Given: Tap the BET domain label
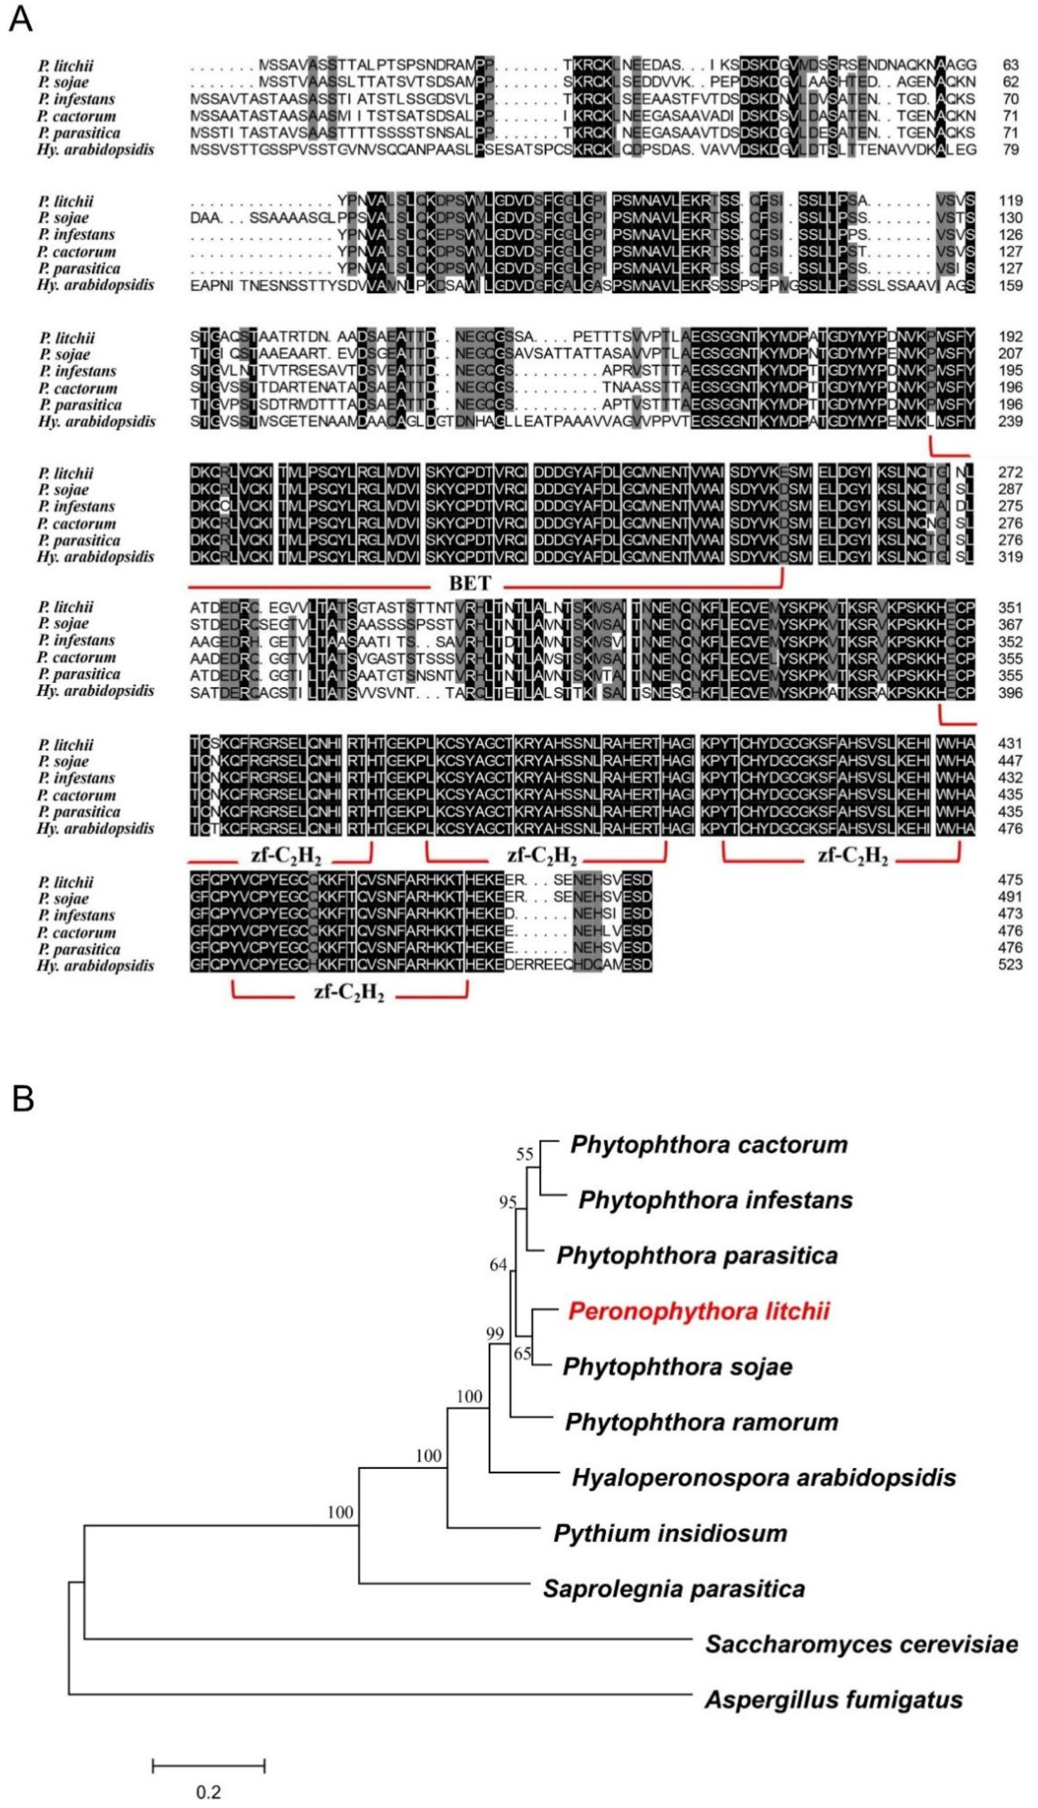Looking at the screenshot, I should [x=470, y=583].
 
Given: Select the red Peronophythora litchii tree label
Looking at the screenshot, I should [x=699, y=1311].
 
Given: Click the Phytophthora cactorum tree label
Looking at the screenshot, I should [x=709, y=1145].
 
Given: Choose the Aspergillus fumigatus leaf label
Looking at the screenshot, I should [x=834, y=1700].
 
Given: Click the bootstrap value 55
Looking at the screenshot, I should [x=525, y=1155].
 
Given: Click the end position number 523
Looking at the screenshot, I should [x=1011, y=965].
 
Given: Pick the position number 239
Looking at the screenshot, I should [x=1011, y=421].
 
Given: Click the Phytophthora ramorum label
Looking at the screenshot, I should [x=702, y=1422].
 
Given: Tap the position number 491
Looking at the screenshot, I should [x=1011, y=897].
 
